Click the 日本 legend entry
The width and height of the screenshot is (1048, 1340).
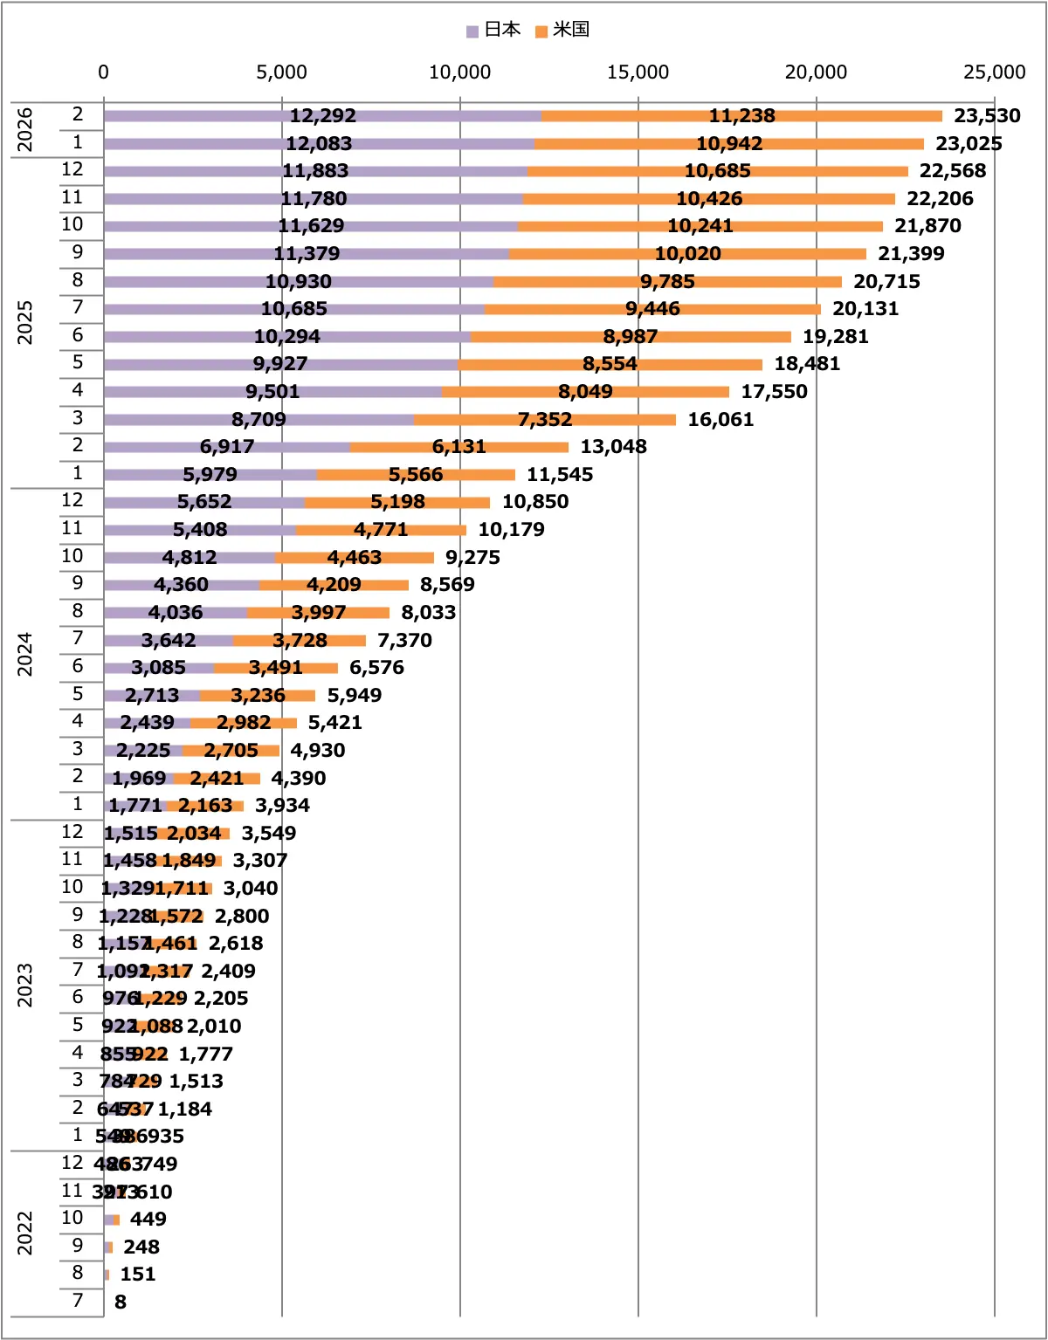tap(494, 30)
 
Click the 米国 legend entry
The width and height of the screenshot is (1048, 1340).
tap(563, 30)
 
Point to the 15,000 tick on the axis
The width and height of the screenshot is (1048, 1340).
tap(638, 72)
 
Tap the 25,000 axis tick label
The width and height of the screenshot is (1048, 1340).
tap(994, 72)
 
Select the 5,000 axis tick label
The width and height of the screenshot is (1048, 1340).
tap(281, 72)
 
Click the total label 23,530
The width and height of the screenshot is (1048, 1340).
tap(987, 116)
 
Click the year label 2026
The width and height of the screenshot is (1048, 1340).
tap(25, 129)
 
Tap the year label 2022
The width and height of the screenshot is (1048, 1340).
tap(25, 1233)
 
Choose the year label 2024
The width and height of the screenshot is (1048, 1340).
tap(25, 654)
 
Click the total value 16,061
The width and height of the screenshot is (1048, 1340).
tap(720, 420)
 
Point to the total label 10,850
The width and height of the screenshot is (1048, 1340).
tap(535, 502)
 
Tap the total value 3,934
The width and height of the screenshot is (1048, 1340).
tap(282, 806)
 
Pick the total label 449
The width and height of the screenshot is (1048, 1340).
tap(148, 1220)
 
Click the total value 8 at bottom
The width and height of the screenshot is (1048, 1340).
tap(121, 1302)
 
